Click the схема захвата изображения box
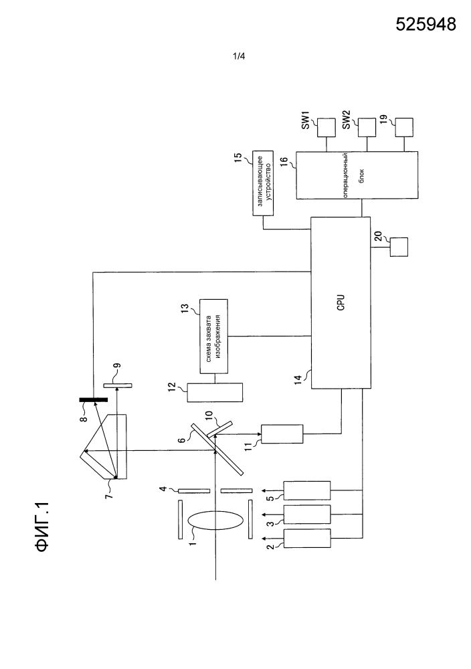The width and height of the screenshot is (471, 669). tap(213, 335)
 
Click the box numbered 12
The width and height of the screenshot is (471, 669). tap(215, 393)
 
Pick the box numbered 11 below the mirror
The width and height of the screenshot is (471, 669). tap(282, 432)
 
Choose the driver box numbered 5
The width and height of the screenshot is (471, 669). tap(307, 492)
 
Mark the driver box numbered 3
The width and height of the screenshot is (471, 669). tap(307, 514)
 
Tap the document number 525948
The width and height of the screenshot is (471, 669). tap(426, 25)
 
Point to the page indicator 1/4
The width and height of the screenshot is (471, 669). tap(239, 58)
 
